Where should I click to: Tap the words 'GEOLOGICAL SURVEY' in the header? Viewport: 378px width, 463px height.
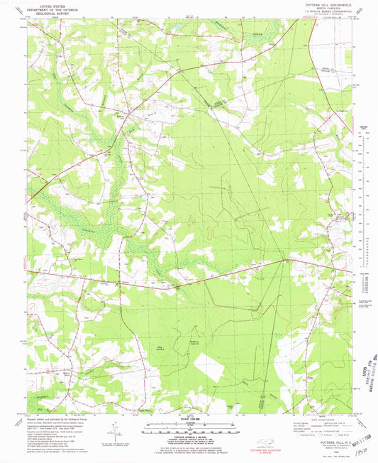(49, 11)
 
